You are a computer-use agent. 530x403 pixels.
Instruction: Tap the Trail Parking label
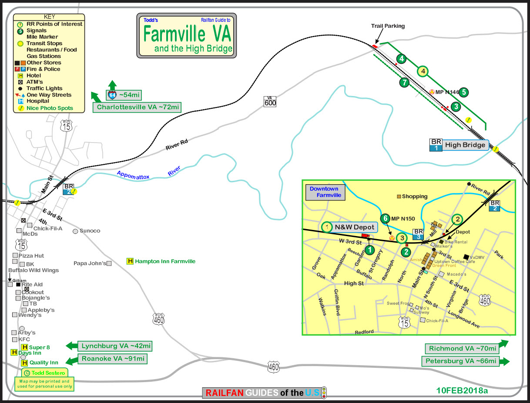click(x=388, y=26)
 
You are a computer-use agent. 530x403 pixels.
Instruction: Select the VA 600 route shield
click(x=270, y=101)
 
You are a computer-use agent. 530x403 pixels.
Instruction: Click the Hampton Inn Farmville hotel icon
click(x=130, y=261)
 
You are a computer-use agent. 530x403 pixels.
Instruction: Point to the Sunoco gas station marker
click(x=76, y=231)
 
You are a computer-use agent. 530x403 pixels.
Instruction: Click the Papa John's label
click(x=90, y=263)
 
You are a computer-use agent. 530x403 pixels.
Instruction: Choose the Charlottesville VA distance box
click(x=137, y=107)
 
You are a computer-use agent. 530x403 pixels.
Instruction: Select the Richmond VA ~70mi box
click(x=462, y=349)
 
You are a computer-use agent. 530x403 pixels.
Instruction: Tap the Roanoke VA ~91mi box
click(x=112, y=359)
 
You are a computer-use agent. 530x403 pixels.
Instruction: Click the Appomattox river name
click(x=133, y=175)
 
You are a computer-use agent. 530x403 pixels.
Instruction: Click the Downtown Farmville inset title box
click(x=325, y=192)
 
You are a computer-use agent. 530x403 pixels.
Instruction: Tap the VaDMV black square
click(x=466, y=256)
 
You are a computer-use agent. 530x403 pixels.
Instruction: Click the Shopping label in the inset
click(x=414, y=197)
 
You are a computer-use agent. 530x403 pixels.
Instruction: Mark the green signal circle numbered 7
click(x=405, y=82)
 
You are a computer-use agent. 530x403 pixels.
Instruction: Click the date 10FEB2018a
click(x=462, y=390)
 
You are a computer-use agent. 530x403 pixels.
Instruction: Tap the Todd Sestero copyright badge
click(x=45, y=373)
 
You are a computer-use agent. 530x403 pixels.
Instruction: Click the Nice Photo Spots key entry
click(x=50, y=108)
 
